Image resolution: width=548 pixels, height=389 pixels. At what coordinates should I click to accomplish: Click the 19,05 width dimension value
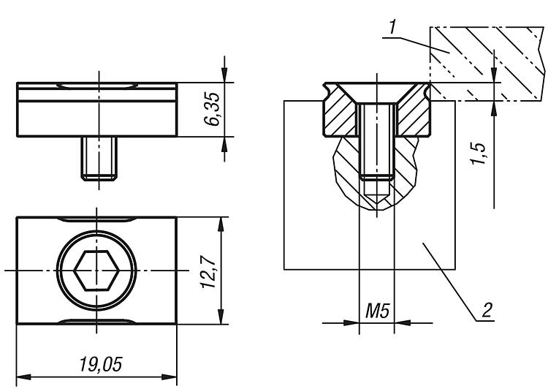click(x=101, y=365)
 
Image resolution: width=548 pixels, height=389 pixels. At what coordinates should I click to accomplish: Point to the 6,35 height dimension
click(x=212, y=109)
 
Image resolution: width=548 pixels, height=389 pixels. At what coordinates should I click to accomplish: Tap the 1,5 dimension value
click(x=478, y=154)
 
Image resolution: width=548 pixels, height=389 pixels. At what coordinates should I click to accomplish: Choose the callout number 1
click(x=393, y=27)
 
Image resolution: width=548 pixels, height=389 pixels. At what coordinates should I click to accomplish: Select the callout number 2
click(x=487, y=309)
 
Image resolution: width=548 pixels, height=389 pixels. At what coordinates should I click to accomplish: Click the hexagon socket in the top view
click(x=96, y=271)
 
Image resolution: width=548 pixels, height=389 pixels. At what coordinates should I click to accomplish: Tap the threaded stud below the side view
click(x=99, y=159)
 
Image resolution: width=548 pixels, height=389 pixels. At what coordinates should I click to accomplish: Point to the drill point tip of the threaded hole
click(x=376, y=204)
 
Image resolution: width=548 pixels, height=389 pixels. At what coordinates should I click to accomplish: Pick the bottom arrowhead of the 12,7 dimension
click(x=221, y=317)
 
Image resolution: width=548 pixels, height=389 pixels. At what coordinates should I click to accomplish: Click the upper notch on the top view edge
click(x=96, y=219)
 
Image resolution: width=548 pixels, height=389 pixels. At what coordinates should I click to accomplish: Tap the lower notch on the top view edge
click(x=96, y=322)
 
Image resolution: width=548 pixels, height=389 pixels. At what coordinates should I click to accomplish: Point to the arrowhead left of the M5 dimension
click(x=351, y=323)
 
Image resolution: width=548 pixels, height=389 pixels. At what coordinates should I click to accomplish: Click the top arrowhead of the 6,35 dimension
click(x=224, y=75)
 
